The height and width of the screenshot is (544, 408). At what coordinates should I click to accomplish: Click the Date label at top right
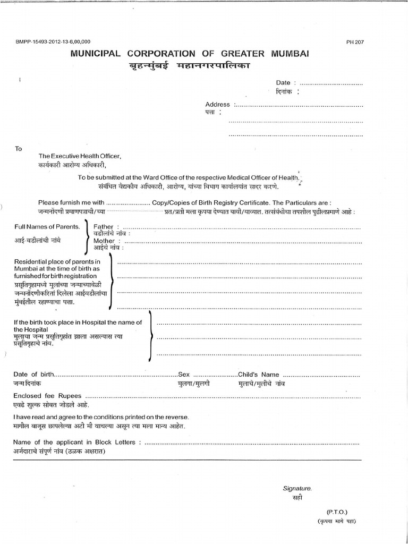click(283, 83)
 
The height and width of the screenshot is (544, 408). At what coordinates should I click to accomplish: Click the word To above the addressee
click(19, 149)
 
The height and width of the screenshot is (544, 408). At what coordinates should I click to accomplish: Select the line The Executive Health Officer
click(80, 156)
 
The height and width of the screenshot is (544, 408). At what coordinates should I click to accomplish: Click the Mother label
click(105, 241)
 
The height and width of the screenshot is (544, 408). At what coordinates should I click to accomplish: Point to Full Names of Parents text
click(47, 227)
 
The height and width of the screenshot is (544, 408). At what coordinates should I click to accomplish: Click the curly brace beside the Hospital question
click(151, 336)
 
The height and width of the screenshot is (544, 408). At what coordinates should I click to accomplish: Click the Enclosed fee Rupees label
click(48, 396)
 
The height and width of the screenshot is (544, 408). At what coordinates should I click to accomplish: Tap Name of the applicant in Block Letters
click(77, 442)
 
